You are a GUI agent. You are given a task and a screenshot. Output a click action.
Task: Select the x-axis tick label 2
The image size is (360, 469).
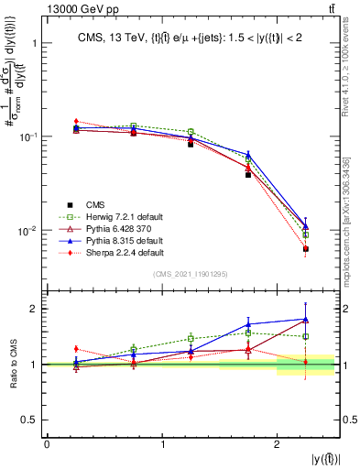pyautogui.click(x=277, y=444)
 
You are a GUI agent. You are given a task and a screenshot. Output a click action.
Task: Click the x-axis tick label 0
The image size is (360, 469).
pyautogui.click(x=47, y=444)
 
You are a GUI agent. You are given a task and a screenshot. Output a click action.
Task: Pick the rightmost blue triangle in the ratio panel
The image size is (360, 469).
pyautogui.click(x=306, y=320)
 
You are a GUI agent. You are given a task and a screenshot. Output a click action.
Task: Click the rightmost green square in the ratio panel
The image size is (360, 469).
pyautogui.click(x=306, y=336)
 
